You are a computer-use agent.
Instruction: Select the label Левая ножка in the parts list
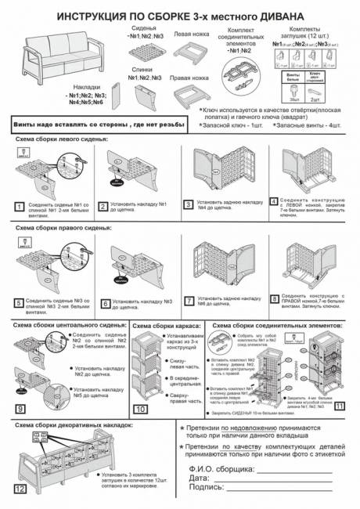tap(189, 34)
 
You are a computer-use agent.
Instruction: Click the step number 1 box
tap(19, 207)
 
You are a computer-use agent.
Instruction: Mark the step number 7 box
tap(189, 300)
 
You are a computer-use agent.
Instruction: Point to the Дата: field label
tap(200, 476)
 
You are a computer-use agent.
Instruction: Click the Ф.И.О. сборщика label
tap(221, 467)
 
